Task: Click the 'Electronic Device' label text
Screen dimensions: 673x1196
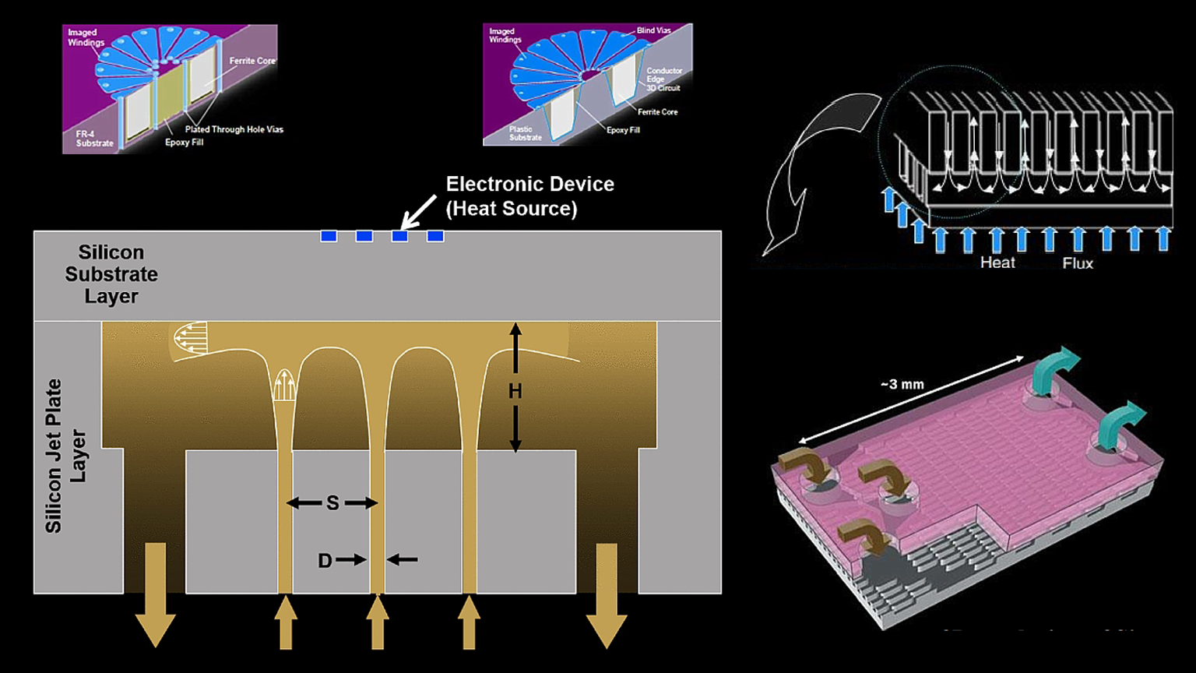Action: (x=529, y=185)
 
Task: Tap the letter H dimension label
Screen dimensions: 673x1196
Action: (x=515, y=391)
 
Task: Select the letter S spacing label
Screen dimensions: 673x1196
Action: (x=332, y=503)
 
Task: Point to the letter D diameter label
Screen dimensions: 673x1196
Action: (x=325, y=560)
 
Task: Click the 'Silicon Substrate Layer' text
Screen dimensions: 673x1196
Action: (x=111, y=274)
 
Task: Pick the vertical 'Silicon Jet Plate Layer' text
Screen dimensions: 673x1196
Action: (x=65, y=456)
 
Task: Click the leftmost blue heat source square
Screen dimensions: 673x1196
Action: (x=329, y=236)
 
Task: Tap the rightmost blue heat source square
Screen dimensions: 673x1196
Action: (x=435, y=236)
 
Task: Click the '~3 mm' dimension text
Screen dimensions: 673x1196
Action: (x=902, y=384)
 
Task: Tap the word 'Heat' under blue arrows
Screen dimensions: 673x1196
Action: (x=997, y=263)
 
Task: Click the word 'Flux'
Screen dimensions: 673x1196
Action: (x=1078, y=263)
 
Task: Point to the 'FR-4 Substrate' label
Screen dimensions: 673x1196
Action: (x=94, y=139)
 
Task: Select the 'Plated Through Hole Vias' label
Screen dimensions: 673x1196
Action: (x=234, y=129)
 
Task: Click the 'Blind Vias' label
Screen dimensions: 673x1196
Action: (x=653, y=30)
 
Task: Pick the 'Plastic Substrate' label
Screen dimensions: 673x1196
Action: (x=525, y=133)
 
